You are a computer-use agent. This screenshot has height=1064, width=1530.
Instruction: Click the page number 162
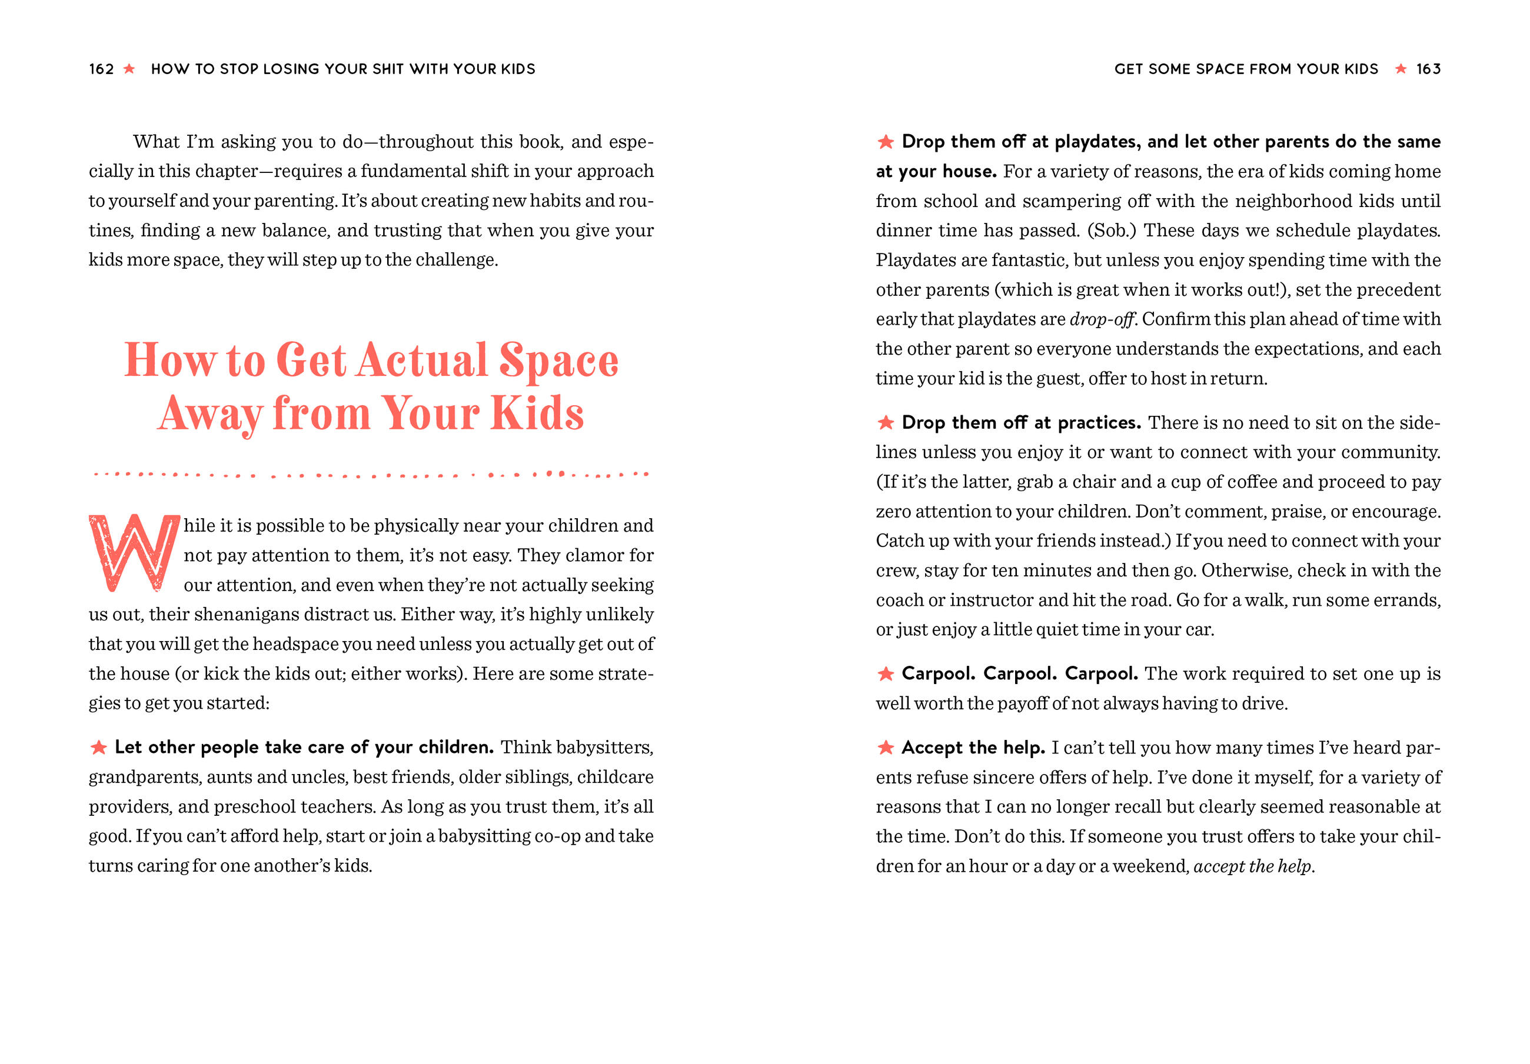point(101,69)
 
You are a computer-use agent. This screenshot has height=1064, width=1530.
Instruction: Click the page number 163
point(1428,69)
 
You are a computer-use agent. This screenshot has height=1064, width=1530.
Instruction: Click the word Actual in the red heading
point(422,361)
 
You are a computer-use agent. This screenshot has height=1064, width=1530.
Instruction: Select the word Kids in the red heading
point(537,413)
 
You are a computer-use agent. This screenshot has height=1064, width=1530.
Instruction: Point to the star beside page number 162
point(129,69)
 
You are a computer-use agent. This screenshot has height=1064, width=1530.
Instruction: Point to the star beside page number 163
point(1401,69)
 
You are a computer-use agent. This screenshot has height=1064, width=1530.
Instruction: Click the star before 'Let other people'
point(99,748)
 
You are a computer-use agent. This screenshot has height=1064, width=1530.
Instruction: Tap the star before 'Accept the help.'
point(886,748)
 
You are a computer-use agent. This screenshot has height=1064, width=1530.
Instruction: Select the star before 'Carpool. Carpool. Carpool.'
point(886,673)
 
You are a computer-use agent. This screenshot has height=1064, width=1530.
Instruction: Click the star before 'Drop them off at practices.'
point(886,422)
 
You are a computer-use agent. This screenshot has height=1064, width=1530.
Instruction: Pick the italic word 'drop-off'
point(1102,319)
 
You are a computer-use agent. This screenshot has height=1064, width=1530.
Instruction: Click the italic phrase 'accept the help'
point(1252,866)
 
